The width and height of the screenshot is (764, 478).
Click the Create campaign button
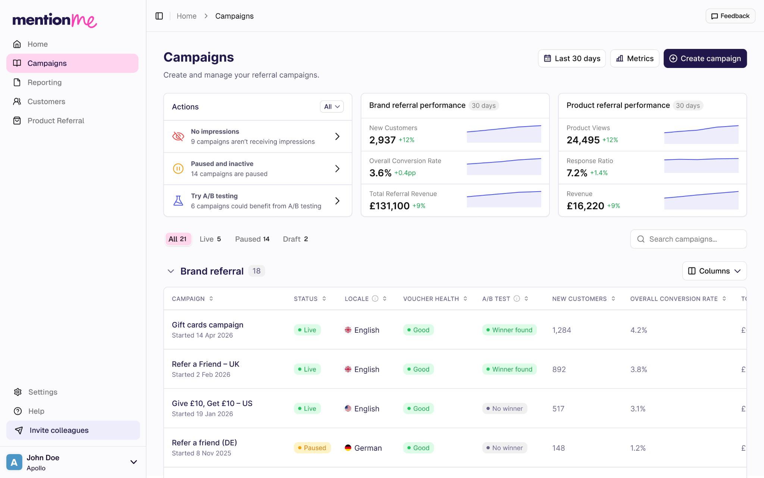705,58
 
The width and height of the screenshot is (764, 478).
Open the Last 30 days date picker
572,58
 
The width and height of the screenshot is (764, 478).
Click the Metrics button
635,58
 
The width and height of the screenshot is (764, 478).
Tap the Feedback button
730,16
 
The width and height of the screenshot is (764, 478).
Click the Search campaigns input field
688,239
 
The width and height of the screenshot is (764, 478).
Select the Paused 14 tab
252,239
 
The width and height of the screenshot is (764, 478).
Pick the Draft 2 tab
295,239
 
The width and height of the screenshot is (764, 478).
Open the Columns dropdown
714,271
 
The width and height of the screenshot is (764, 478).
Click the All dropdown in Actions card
332,106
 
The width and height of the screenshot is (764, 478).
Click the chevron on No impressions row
337,136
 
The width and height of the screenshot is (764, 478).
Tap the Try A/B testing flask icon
178,201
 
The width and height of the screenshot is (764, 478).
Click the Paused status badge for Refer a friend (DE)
312,448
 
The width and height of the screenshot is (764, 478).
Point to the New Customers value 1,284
562,330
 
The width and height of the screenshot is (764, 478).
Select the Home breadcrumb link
187,16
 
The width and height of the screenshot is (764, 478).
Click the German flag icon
348,448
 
